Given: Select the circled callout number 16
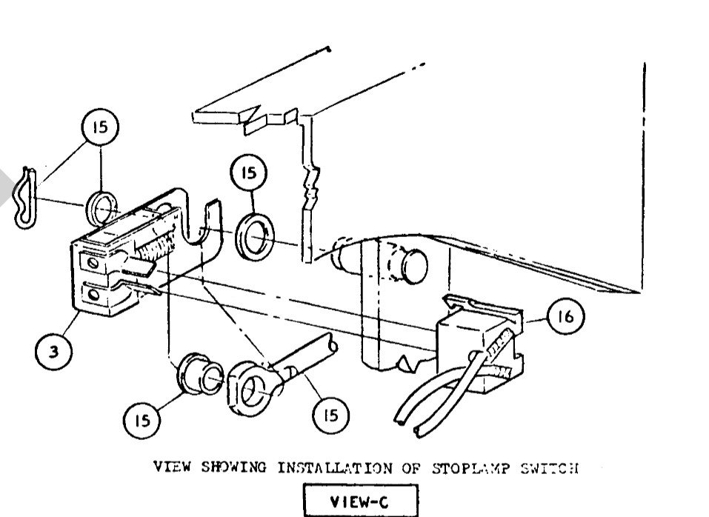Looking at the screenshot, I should pyautogui.click(x=565, y=318).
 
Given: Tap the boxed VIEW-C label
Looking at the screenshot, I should pyautogui.click(x=361, y=500).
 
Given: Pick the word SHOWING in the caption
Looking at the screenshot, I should pyautogui.click(x=235, y=467).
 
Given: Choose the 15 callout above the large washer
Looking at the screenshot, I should pyautogui.click(x=248, y=173).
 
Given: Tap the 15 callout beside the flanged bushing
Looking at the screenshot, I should pyautogui.click(x=142, y=419).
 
